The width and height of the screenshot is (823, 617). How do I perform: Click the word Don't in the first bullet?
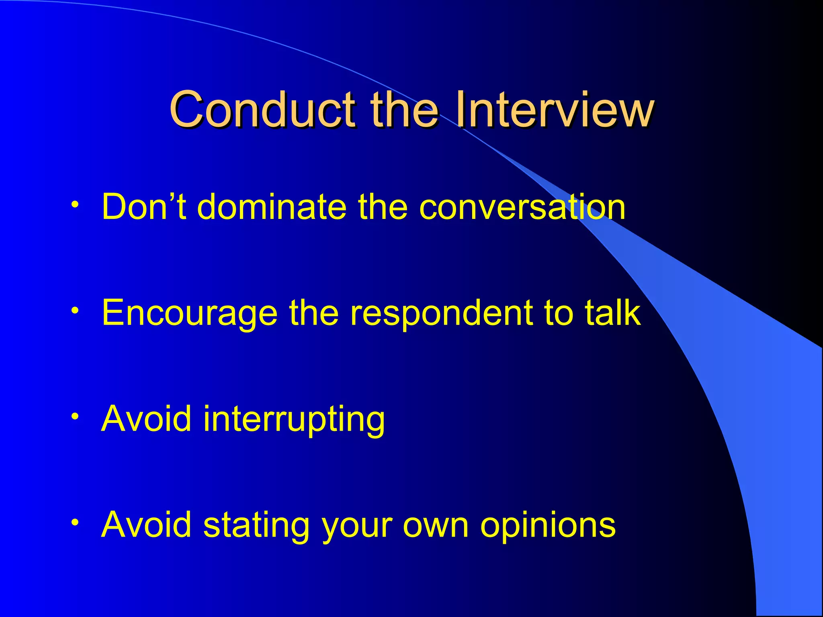pos(144,206)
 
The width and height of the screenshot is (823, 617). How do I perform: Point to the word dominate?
pos(272,206)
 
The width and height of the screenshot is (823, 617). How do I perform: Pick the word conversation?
pos(522,207)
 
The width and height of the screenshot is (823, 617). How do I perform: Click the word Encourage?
pos(189,313)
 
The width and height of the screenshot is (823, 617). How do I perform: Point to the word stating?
pos(256,525)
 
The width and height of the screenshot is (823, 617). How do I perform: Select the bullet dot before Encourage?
pos(74,311)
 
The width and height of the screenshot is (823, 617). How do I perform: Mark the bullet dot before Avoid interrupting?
pos(74,417)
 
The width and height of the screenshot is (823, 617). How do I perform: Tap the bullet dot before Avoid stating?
pos(74,523)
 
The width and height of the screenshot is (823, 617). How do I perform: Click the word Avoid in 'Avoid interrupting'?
pos(146,419)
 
